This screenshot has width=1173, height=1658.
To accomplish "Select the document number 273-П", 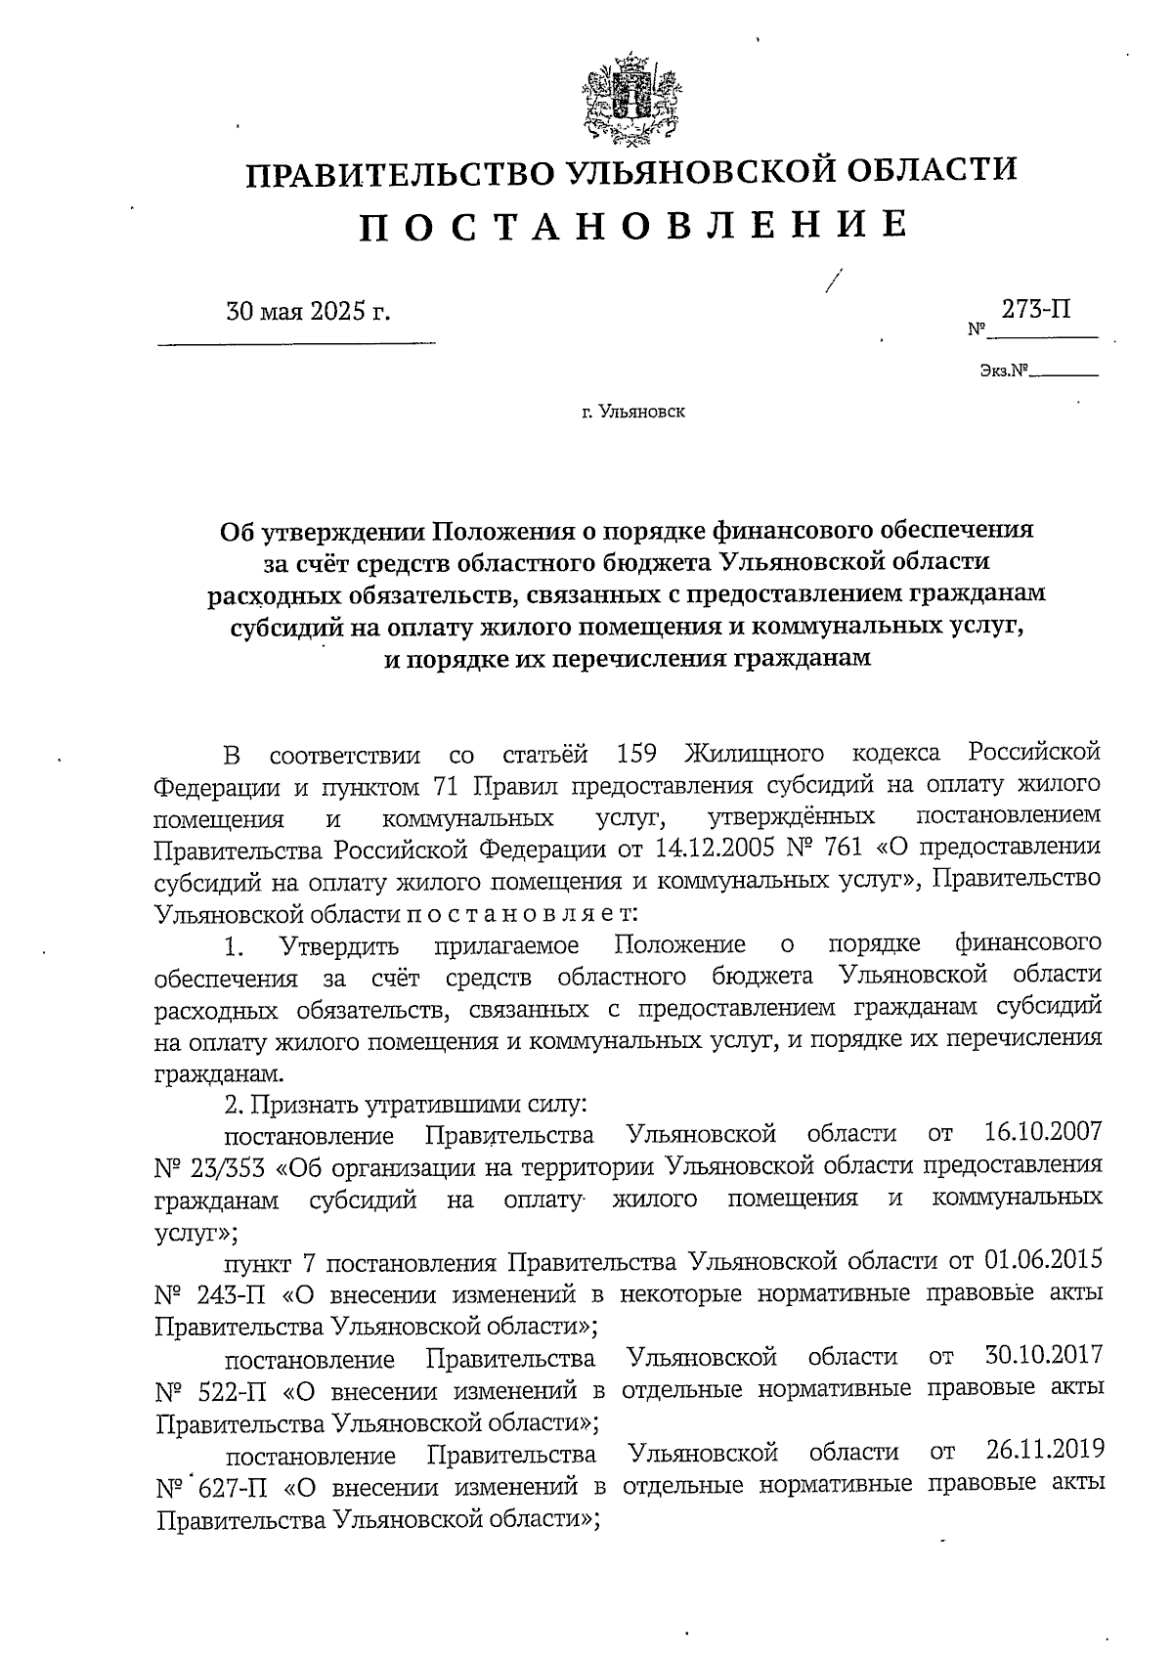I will tap(1035, 310).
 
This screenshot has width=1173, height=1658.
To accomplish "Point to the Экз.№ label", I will tap(1005, 371).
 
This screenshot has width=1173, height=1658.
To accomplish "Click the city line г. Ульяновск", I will tap(632, 412).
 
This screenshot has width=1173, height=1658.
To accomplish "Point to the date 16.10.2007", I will tap(1039, 1134).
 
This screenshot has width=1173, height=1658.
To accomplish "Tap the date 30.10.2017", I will tap(1039, 1356).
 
